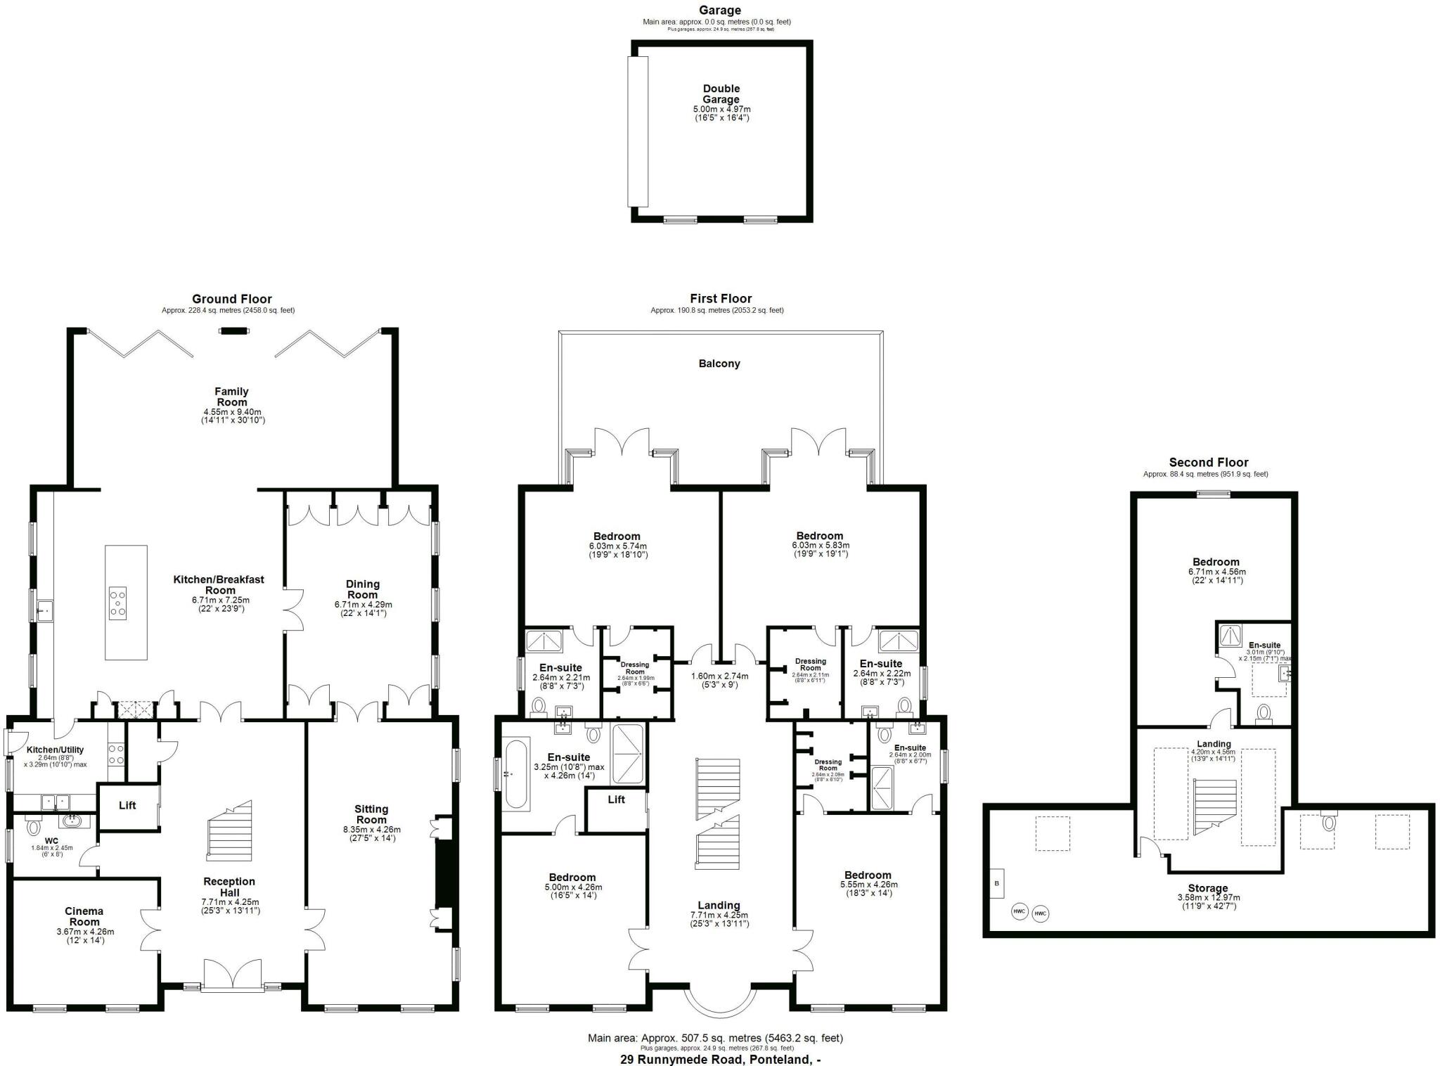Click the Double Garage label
tap(721, 94)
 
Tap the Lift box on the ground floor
tap(127, 806)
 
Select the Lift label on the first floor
tap(616, 799)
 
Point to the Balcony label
tap(719, 364)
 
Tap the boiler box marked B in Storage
tap(996, 883)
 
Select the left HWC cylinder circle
tap(1019, 911)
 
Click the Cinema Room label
tap(84, 916)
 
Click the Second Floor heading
tap(1208, 462)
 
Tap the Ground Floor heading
tap(231, 299)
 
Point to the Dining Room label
tap(362, 589)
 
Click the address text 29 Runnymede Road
tap(720, 1059)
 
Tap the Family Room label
tap(231, 397)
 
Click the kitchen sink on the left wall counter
tap(45, 610)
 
